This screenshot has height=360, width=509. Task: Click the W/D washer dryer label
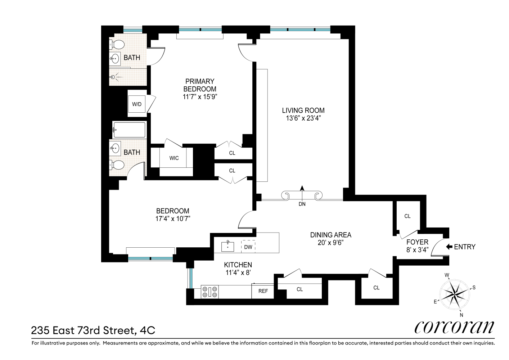coord(137,104)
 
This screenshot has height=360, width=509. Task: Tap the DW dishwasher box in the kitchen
coord(248,247)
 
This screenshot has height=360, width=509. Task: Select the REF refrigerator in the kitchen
coord(263,291)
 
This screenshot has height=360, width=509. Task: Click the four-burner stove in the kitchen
coord(210,292)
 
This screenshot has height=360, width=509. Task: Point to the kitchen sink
coord(228,247)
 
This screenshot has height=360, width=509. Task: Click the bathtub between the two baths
coord(129,130)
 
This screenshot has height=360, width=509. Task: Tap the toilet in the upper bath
coord(117,45)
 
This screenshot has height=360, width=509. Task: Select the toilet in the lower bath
coord(117,165)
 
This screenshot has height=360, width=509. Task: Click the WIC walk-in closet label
coord(174,158)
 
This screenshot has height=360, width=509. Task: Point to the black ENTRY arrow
coord(449,247)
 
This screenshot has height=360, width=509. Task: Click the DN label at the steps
coord(302,204)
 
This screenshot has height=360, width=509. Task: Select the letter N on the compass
coord(461,315)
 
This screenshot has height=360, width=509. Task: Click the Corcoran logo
coord(454,328)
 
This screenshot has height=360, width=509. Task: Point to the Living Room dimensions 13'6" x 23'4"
coord(303,118)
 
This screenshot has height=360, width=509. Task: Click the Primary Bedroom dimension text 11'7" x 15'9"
coord(200,97)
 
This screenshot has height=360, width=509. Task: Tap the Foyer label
coord(418,242)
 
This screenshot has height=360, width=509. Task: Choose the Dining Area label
coord(330,235)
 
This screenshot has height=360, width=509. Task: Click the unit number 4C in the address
coord(148,330)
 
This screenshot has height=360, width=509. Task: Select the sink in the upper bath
coord(116,59)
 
